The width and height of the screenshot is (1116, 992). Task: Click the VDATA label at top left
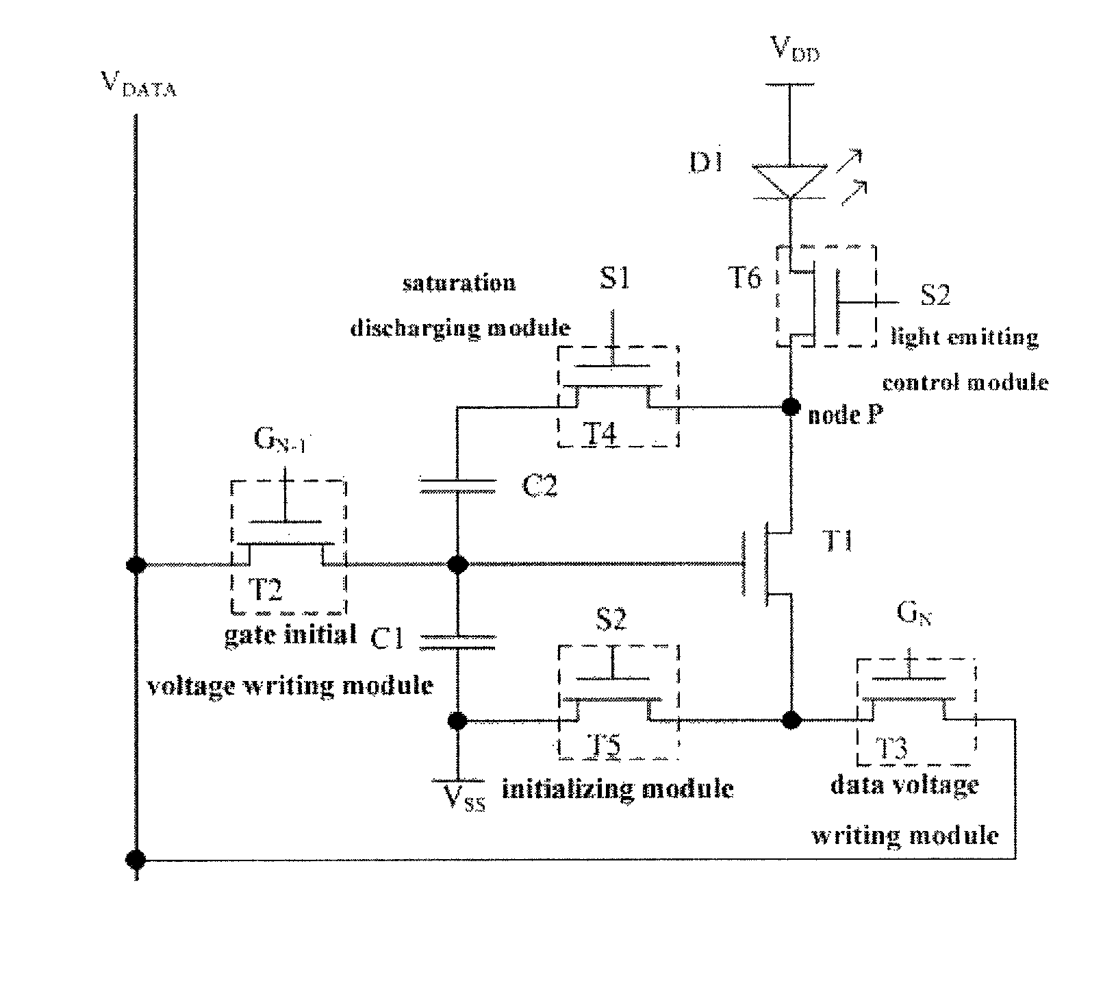(138, 85)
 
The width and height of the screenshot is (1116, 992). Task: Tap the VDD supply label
(794, 51)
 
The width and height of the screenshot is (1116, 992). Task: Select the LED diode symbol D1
(790, 182)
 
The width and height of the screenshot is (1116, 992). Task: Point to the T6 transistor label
(743, 278)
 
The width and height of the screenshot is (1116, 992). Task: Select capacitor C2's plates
(457, 487)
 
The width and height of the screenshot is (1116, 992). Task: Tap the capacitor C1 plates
(457, 641)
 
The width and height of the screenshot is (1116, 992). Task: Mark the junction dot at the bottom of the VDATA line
(136, 858)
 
